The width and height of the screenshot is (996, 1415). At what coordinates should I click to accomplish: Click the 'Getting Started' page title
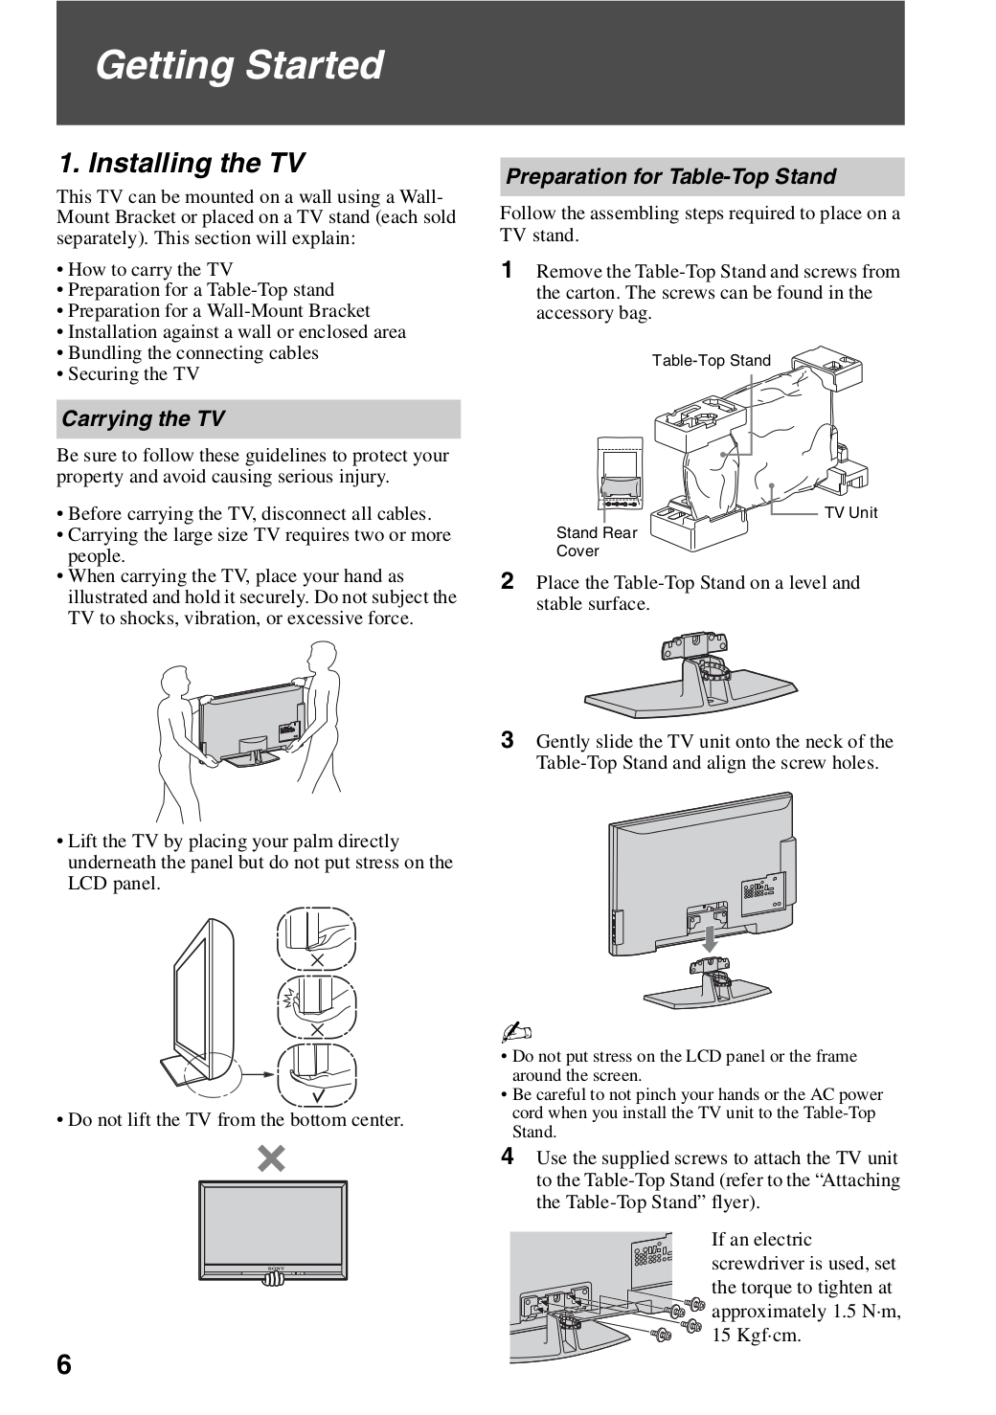point(239,65)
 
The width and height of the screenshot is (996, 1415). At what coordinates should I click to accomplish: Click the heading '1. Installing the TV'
point(182,163)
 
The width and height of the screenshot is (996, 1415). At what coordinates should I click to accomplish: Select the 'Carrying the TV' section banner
point(144,419)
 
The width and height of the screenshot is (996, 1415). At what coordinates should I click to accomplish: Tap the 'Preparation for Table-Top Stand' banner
point(670,176)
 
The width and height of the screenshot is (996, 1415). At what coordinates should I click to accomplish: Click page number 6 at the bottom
point(64,1364)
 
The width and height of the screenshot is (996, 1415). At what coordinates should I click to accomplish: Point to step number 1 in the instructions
point(509,270)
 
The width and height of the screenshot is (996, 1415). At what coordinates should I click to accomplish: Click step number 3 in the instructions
point(509,740)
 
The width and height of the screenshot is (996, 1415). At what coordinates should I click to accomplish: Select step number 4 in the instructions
point(509,1157)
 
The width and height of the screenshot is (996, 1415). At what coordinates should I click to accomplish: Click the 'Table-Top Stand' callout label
point(711,361)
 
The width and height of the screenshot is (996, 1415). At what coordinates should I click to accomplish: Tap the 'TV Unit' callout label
point(850,513)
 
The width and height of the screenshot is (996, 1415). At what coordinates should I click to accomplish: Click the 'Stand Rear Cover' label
point(596,542)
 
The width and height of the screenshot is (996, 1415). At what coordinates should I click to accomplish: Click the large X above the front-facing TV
point(272,1159)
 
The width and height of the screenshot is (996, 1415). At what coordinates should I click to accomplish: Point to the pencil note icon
point(514,1032)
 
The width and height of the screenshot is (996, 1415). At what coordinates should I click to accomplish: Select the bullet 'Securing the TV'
point(133,374)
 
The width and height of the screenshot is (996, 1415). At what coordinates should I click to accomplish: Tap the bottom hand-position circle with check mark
point(316,1075)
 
